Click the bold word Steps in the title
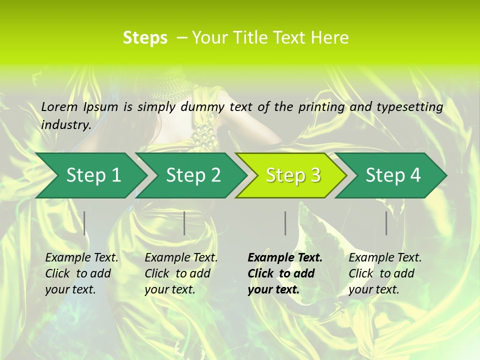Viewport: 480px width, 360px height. tap(145, 38)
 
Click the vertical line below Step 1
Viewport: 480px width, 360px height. tap(84, 223)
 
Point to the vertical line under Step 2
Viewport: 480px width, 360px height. tap(184, 223)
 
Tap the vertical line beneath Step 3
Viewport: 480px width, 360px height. tap(285, 223)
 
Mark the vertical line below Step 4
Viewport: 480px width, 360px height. tap(386, 223)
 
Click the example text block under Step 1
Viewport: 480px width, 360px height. tap(81, 273)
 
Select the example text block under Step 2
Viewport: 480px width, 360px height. tap(181, 273)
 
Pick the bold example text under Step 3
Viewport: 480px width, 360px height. tap(285, 273)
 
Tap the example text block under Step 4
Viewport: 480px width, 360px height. tap(385, 273)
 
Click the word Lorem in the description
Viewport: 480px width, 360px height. tap(59, 106)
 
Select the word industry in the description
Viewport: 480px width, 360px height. tap(65, 124)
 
